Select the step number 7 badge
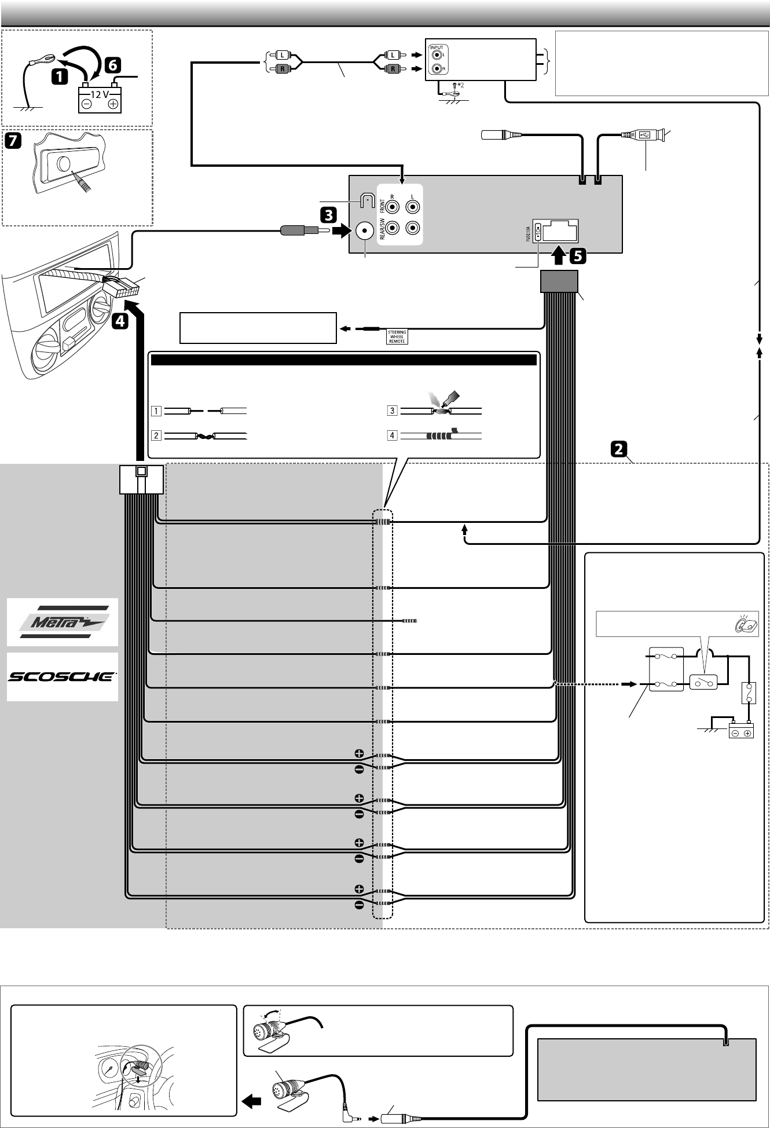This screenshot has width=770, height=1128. (13, 141)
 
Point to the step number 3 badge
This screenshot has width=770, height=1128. (328, 215)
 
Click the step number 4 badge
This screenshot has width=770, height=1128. (120, 321)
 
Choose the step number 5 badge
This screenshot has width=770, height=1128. (577, 255)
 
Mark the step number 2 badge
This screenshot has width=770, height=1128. (618, 449)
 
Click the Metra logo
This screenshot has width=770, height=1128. (63, 622)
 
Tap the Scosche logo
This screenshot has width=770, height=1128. (63, 676)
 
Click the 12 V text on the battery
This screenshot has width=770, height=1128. (100, 94)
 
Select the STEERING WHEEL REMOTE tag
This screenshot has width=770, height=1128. (397, 336)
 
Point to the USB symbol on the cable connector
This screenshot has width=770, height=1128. (644, 135)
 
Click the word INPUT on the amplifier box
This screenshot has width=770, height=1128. (437, 47)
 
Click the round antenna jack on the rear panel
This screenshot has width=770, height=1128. (365, 232)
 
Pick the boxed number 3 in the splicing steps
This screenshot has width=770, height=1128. (392, 411)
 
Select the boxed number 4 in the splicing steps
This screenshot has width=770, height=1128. (392, 435)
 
